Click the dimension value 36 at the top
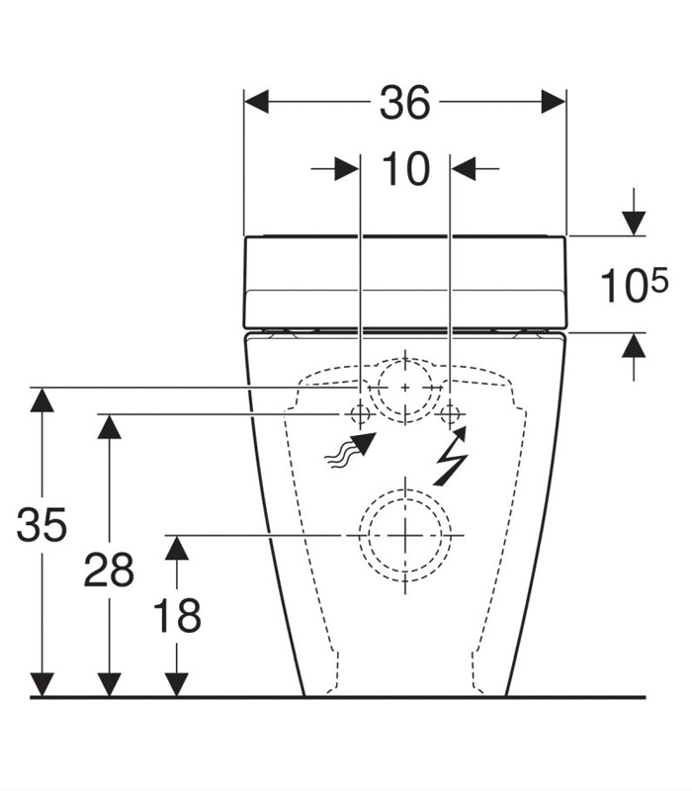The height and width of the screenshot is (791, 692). pyautogui.click(x=405, y=103)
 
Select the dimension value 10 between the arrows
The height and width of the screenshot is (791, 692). pyautogui.click(x=405, y=170)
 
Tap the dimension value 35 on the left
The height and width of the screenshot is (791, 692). pyautogui.click(x=42, y=526)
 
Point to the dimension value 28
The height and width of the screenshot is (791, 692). pyautogui.click(x=109, y=571)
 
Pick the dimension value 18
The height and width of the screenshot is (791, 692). pyautogui.click(x=177, y=616)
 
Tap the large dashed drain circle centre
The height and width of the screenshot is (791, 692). pyautogui.click(x=404, y=535)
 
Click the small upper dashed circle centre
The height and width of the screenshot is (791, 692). pyautogui.click(x=404, y=387)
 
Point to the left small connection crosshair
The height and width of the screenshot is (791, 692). pyautogui.click(x=360, y=412)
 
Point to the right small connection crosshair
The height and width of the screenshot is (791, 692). pyautogui.click(x=451, y=412)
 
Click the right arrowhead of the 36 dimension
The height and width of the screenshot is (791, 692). pyautogui.click(x=554, y=102)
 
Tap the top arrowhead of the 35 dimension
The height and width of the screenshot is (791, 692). pyautogui.click(x=42, y=398)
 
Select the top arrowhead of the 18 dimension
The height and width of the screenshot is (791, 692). pyautogui.click(x=177, y=547)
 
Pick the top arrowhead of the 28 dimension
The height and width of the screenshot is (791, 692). pyautogui.click(x=109, y=425)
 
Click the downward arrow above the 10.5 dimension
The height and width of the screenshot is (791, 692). pyautogui.click(x=633, y=223)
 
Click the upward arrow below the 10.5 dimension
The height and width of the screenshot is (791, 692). pyautogui.click(x=633, y=346)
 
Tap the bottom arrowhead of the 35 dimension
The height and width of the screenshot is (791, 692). pyautogui.click(x=42, y=684)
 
